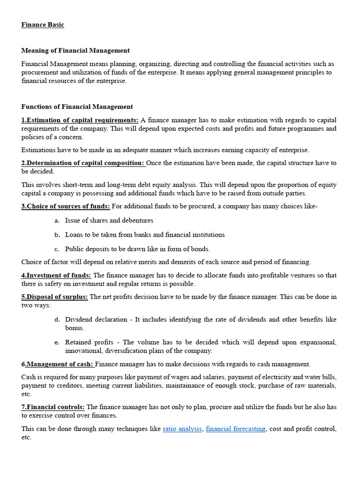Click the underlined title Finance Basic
tap(43, 25)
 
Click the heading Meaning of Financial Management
tap(75, 50)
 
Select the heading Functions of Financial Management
tap(77, 106)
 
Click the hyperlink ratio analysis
tap(182, 428)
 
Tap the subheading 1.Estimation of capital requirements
tap(80, 120)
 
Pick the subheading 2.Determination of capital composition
tap(83, 163)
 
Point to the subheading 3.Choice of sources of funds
tap(66, 206)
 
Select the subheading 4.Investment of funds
tap(56, 275)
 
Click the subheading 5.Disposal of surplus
tap(54, 297)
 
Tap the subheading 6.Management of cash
tap(58, 364)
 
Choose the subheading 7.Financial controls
tap(53, 407)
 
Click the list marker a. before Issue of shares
tap(57, 220)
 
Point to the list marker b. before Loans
tap(57, 235)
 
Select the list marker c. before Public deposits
tap(57, 249)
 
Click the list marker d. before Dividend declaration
tap(57, 319)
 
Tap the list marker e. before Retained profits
tap(57, 342)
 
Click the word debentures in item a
tap(137, 220)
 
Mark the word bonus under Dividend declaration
tap(75, 328)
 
